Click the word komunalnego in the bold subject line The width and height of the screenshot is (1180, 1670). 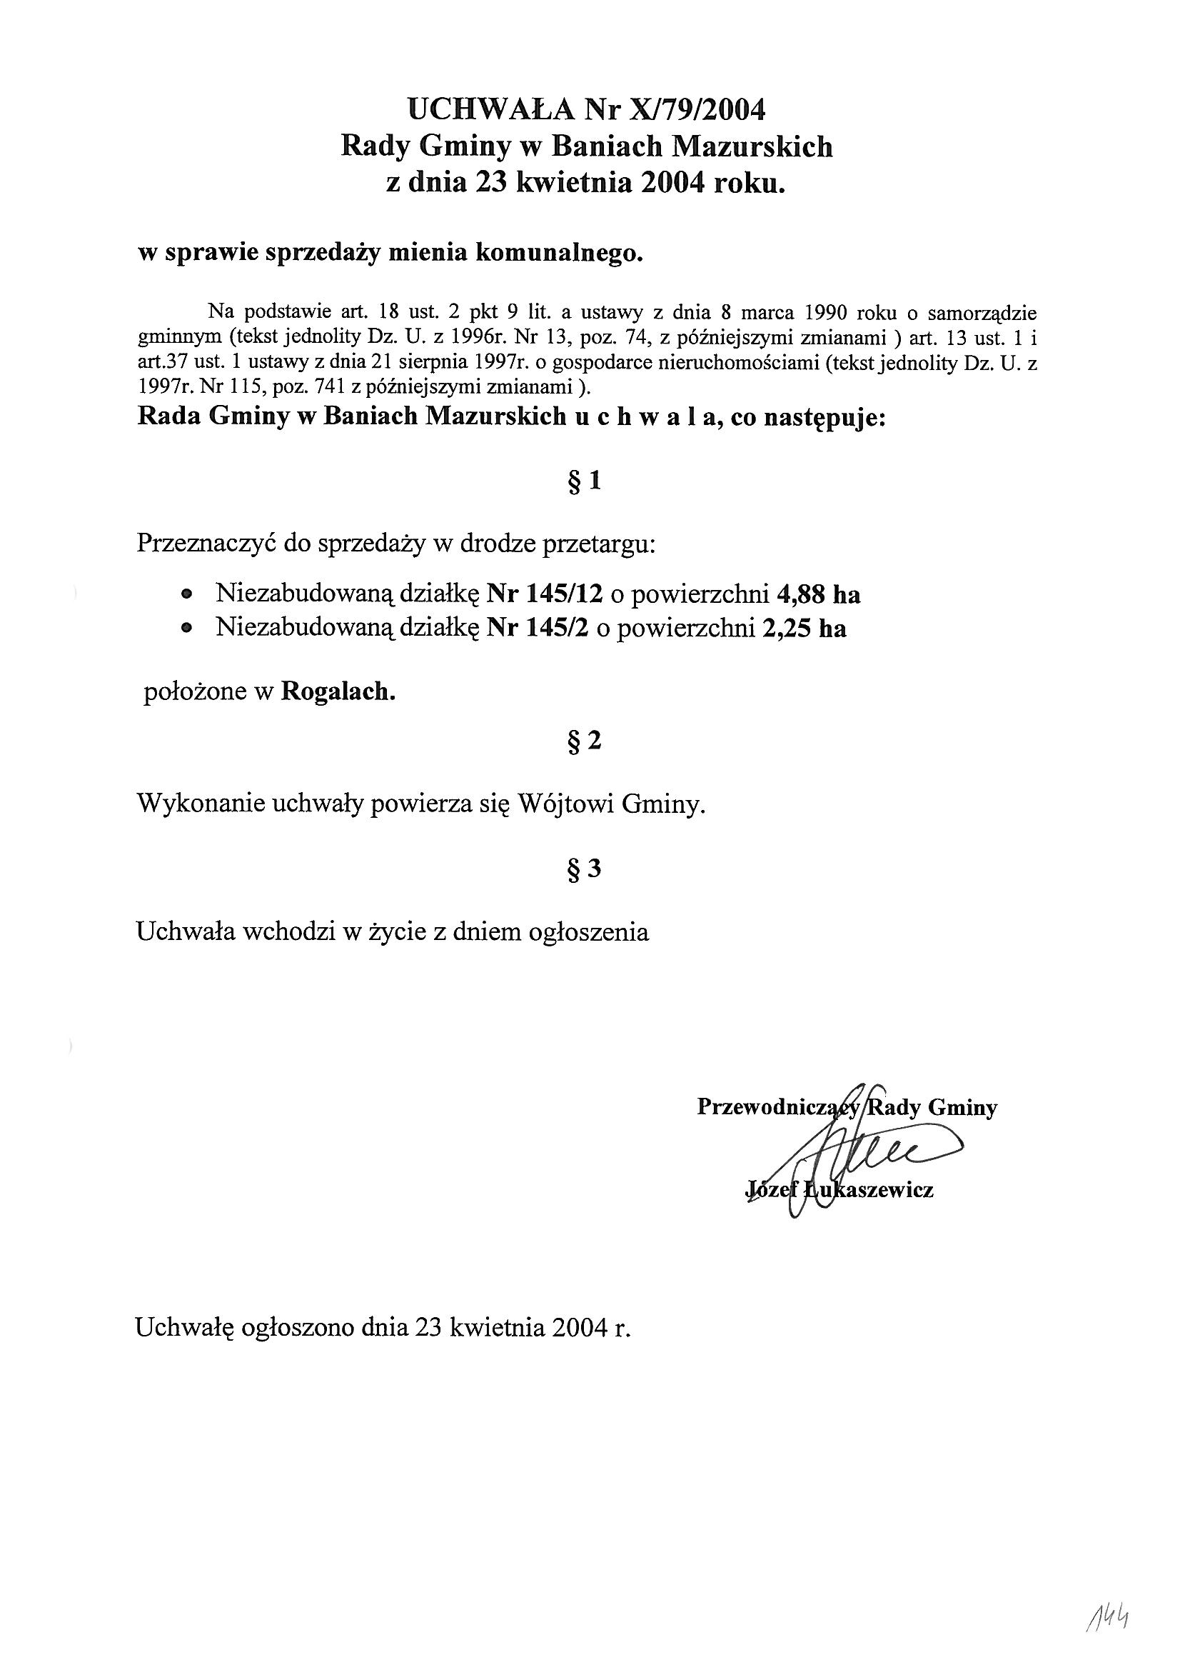pyautogui.click(x=558, y=253)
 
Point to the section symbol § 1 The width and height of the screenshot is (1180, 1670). pyautogui.click(x=585, y=481)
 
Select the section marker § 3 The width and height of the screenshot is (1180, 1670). pyautogui.click(x=585, y=869)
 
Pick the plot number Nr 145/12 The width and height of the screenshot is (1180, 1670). pyautogui.click(x=545, y=594)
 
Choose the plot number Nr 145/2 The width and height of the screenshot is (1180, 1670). pyautogui.click(x=538, y=628)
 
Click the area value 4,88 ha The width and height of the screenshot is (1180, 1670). pyautogui.click(x=818, y=594)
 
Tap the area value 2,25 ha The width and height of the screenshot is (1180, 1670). pyautogui.click(x=805, y=628)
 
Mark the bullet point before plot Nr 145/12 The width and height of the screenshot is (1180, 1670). pyautogui.click(x=188, y=594)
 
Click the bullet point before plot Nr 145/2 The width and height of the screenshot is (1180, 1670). pyautogui.click(x=188, y=628)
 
